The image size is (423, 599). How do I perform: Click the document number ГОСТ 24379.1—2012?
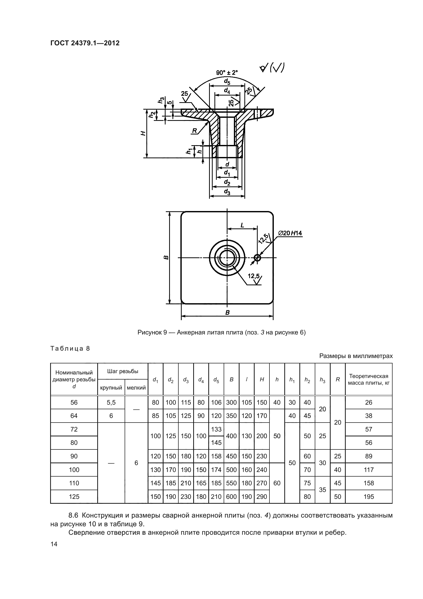(85, 43)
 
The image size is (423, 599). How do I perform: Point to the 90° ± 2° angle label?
(227, 73)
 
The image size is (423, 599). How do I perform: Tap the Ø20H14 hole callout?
(290, 233)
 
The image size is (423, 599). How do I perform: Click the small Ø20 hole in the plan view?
(257, 258)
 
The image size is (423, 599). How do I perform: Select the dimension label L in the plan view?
(242, 225)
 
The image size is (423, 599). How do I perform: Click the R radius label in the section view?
(194, 131)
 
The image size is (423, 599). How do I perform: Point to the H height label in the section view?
(143, 133)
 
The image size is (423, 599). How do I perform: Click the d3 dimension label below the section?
(227, 193)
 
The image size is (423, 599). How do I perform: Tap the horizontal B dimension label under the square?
(227, 312)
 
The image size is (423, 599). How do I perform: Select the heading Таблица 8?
(70, 349)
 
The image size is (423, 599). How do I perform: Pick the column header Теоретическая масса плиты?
(368, 380)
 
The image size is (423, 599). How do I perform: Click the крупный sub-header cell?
(111, 388)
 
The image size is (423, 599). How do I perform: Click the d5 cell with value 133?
(216, 429)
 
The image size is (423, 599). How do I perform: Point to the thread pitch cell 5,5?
(111, 402)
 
